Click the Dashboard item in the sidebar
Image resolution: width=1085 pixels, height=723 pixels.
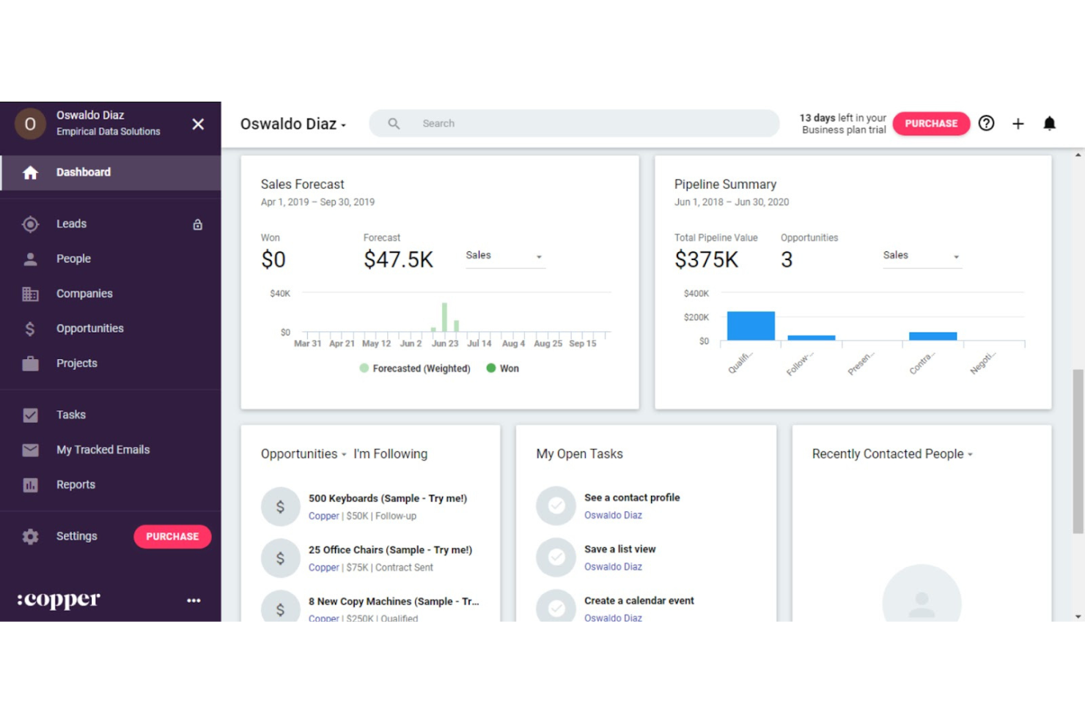coord(84,172)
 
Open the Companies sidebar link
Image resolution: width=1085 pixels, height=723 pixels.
coord(84,294)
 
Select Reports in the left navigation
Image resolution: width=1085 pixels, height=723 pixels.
coord(76,485)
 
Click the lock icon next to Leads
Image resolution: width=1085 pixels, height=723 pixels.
coord(197,225)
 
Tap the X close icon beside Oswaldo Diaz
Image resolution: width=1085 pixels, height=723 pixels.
coord(198,125)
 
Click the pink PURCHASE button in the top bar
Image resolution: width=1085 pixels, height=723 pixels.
coord(930,124)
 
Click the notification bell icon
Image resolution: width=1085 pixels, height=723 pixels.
coord(1049,124)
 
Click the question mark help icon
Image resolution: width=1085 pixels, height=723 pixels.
coord(986,124)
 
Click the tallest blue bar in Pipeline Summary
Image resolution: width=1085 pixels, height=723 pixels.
coord(750,326)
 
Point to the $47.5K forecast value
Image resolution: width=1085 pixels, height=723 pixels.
coord(398,260)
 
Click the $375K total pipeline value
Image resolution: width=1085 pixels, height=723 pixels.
coord(706,260)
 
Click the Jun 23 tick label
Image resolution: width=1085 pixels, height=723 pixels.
coord(444,344)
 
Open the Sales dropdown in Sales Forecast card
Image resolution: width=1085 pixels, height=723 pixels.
coord(504,256)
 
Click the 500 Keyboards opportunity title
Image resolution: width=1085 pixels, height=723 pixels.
coord(387,499)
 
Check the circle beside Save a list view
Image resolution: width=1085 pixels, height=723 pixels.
coord(556,557)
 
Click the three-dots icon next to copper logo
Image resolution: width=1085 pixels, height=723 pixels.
coord(194,601)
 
